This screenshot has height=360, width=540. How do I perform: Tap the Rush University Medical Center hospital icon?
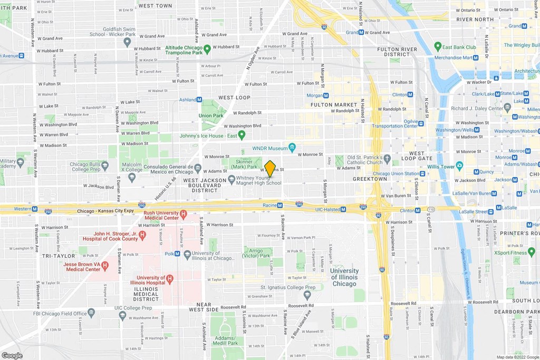(184, 215)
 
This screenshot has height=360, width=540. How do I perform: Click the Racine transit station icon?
(280, 205)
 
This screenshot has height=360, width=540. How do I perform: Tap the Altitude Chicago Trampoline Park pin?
(207, 50)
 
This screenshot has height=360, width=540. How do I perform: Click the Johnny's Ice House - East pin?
(242, 135)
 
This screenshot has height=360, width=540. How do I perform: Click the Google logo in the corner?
(12, 355)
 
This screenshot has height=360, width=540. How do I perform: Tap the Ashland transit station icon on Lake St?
(199, 99)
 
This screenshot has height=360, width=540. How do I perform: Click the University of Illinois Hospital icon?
(170, 279)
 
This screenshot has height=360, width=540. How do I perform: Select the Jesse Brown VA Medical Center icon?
(105, 266)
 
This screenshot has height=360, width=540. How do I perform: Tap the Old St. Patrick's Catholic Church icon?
(387, 158)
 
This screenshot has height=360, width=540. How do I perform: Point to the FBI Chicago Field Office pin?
(91, 313)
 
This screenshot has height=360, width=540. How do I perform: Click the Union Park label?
(211, 115)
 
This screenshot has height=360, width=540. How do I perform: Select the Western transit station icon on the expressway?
(34, 209)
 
